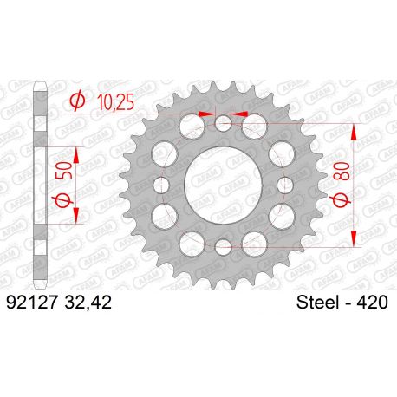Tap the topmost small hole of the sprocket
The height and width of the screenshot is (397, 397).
(223, 123)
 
